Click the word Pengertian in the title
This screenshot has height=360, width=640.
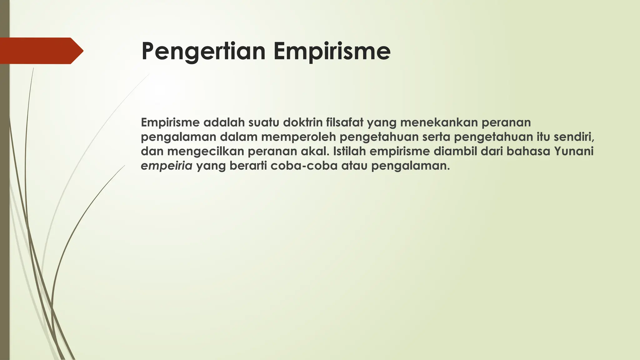point(203,52)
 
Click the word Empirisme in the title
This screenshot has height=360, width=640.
point(332,52)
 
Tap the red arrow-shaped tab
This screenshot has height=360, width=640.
point(41,51)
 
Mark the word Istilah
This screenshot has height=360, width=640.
point(350,152)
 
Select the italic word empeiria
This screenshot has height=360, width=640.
point(167,166)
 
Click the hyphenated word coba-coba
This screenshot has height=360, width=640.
point(304,166)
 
